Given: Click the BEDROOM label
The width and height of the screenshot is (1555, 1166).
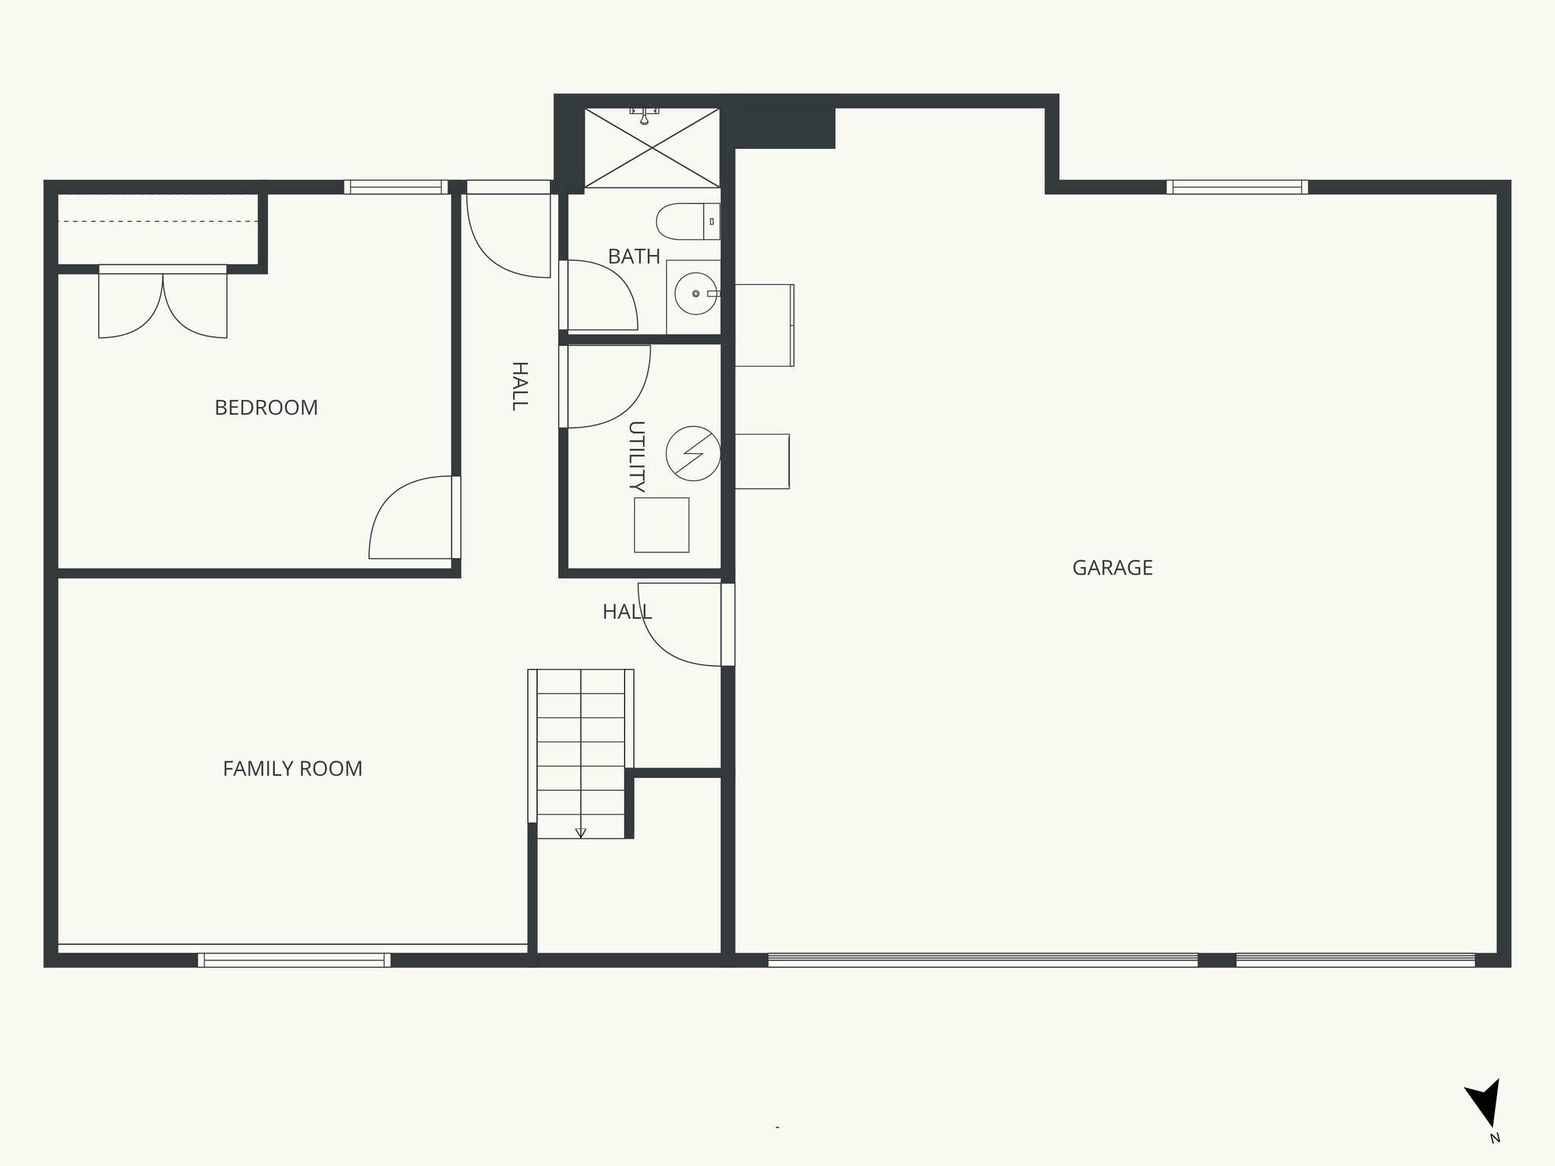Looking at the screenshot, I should coord(266,408).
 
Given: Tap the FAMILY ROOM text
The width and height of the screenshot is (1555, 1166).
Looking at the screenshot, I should coord(292,769).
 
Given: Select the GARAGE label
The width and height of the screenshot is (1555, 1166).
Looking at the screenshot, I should coord(1112,568).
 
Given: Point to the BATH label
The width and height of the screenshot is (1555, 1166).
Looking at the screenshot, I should coord(634,257).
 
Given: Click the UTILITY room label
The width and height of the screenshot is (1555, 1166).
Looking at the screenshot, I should coord(636,455).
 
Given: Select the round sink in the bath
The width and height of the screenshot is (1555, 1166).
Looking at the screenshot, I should coord(695,294).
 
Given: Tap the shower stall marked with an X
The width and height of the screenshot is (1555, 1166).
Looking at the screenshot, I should coord(651,147).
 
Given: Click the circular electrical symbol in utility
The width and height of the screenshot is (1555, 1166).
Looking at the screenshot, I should coord(692,454).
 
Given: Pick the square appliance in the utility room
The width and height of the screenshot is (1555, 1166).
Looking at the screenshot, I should coord(661,525).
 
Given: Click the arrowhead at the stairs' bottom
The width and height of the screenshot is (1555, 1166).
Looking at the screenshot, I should coord(581,833).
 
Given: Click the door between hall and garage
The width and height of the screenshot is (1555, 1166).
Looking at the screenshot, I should coord(683,625).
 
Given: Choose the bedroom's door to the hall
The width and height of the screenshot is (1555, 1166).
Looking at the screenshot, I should coord(414,518).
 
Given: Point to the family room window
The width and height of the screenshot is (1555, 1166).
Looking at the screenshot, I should coord(295,960).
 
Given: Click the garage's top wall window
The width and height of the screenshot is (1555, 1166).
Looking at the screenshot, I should coord(1237,187).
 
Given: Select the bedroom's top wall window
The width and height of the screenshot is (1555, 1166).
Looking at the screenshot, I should coord(395,187).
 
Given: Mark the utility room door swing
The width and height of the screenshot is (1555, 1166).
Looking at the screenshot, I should coord(605,386).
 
